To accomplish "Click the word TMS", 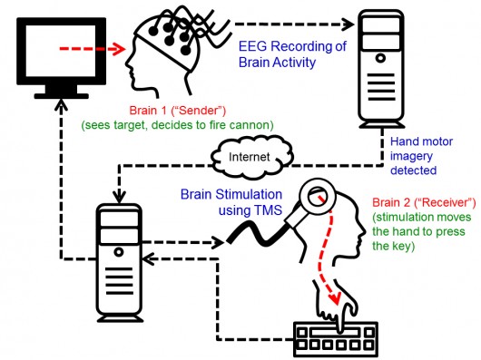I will point(259,211).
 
